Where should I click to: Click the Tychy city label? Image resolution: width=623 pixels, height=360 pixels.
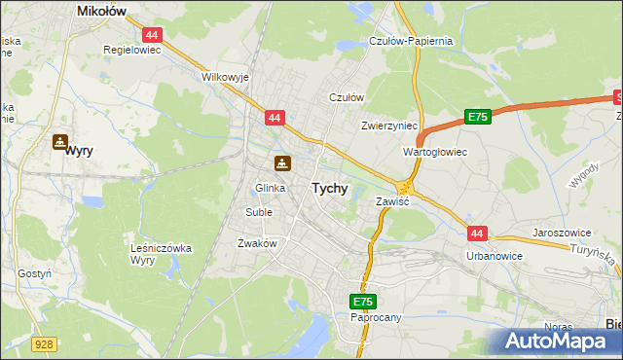coord(329,189)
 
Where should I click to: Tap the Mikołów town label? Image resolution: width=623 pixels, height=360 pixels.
coord(103,11)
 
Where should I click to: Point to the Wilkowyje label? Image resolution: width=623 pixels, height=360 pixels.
coord(226,76)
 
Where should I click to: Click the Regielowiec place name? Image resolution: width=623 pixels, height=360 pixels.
coord(131,48)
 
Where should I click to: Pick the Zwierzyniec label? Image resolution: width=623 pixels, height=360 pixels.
coord(388,126)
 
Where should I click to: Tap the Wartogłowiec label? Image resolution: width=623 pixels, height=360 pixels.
coord(435,153)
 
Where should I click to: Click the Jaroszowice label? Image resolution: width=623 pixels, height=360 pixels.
coord(565,234)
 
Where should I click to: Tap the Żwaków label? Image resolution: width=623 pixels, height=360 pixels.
coord(258,243)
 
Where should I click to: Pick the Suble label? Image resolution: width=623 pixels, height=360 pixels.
coord(259,211)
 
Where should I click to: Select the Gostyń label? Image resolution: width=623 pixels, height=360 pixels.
coord(34,274)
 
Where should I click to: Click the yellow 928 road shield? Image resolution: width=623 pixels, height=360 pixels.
coord(42,343)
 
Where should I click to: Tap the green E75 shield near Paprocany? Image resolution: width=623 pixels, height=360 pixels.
coord(363,302)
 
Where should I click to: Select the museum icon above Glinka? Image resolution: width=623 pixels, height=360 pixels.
coord(282,162)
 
